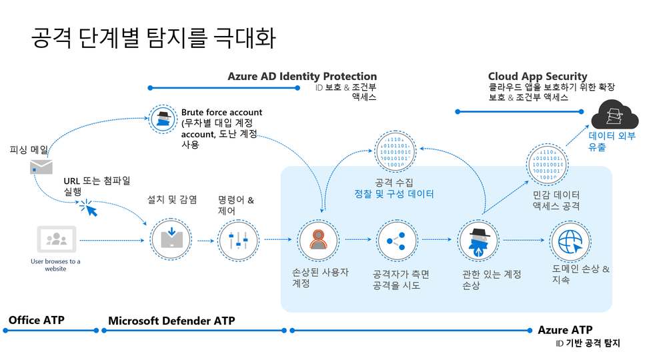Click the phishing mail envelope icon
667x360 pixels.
(41, 167)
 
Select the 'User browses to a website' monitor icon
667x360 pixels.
(57, 239)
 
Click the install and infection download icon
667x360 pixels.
(171, 240)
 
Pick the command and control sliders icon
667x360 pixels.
(238, 241)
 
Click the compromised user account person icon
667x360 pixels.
(318, 240)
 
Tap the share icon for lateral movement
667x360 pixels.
(396, 241)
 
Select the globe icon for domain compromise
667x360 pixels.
(570, 241)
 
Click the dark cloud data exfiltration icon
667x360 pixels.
(615, 114)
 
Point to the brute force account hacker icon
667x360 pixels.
(163, 119)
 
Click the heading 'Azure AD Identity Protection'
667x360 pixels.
(302, 77)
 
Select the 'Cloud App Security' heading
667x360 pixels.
(538, 77)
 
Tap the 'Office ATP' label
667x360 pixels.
(37, 320)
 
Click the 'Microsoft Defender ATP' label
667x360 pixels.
(171, 321)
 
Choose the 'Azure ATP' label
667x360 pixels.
(566, 330)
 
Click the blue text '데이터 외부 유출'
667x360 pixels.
(612, 141)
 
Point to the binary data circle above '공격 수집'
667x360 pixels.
(395, 152)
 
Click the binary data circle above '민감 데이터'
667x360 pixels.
(547, 165)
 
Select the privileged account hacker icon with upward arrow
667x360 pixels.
(478, 241)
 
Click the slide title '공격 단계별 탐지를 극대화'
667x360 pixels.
(153, 37)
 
